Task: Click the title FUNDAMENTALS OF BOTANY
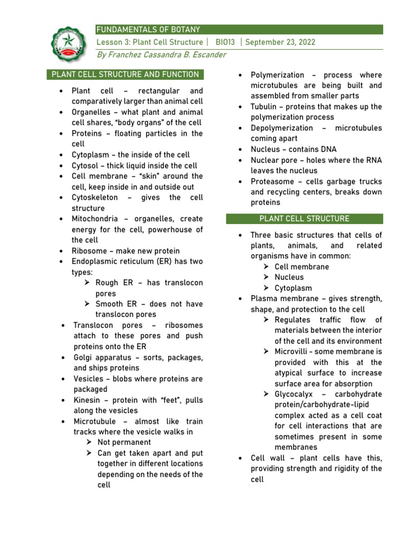pos(148,30)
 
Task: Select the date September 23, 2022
pos(279,42)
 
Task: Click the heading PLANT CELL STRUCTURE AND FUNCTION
pos(125,74)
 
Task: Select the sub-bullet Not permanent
pos(124,443)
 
